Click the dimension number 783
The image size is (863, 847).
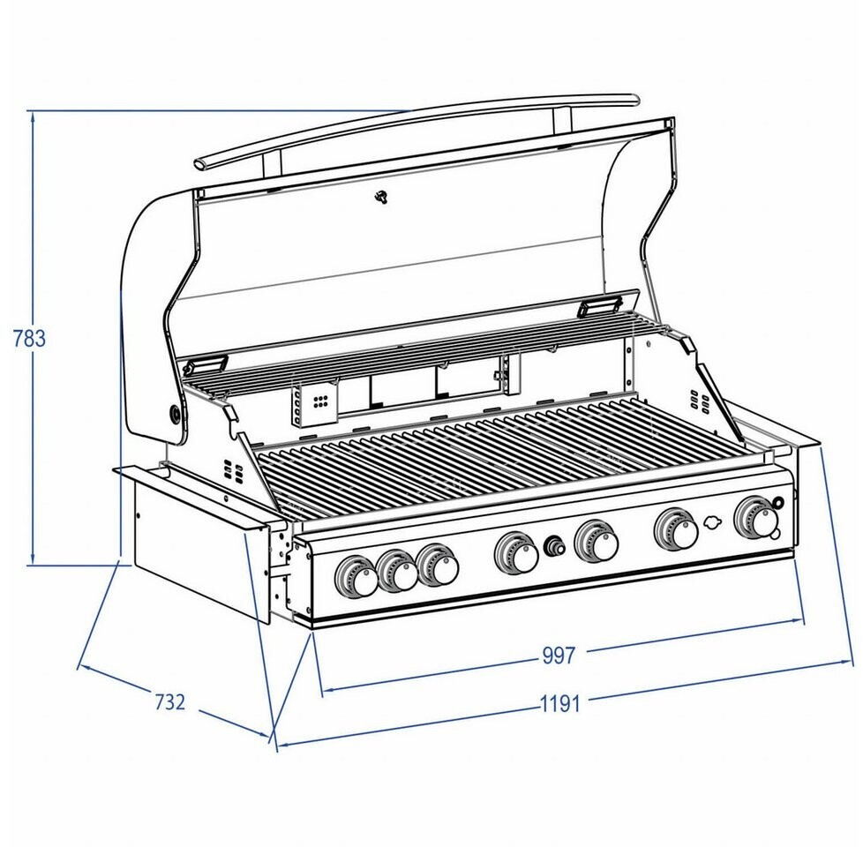coord(28,338)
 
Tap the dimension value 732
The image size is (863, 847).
coord(170,702)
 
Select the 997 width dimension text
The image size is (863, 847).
coord(559,656)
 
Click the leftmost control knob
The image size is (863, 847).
coord(356,579)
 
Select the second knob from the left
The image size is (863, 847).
coord(397,573)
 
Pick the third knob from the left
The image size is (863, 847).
coord(438,566)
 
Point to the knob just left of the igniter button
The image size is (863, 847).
coord(517,554)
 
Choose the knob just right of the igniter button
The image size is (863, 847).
coord(597,542)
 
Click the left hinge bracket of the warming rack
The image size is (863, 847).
coord(204,364)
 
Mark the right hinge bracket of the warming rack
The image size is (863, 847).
coord(597,305)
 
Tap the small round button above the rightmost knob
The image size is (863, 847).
coord(777,503)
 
